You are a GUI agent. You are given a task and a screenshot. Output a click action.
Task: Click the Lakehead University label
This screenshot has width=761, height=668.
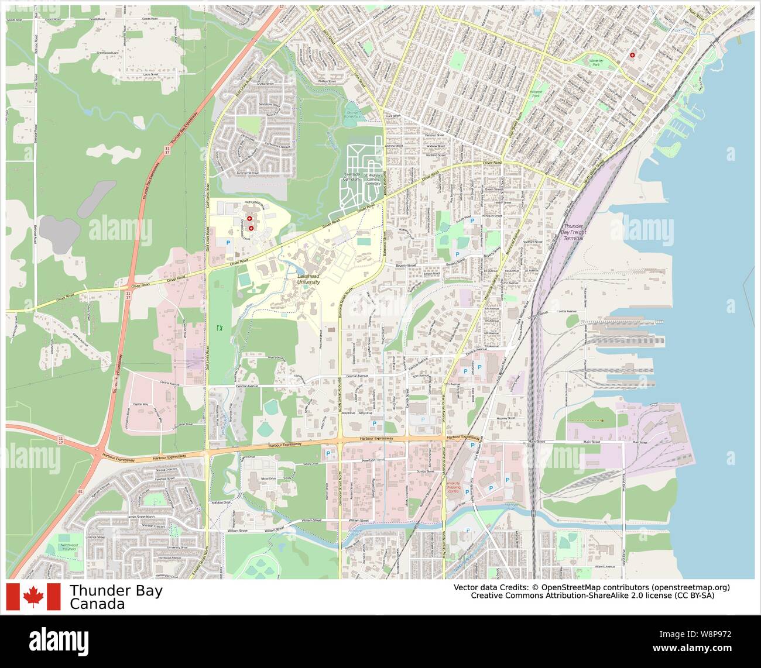(x=308, y=278)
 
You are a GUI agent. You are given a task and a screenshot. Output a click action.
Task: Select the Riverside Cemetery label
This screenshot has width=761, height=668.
(x=351, y=178)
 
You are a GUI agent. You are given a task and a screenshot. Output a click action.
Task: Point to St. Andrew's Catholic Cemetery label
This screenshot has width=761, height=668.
(x=373, y=178)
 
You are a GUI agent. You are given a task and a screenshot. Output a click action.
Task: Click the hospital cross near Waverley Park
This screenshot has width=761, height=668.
(x=632, y=55)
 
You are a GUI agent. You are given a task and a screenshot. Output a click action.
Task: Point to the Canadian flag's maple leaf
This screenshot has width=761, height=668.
(x=33, y=596)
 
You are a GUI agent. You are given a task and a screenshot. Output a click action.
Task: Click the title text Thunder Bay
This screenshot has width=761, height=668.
(x=116, y=591)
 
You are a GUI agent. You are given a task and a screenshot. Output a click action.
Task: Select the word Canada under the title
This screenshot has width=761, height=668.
(x=97, y=604)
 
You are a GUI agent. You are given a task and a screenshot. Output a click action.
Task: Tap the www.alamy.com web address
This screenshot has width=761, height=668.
(x=711, y=648)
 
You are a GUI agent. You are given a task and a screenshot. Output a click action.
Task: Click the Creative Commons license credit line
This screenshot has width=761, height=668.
(x=592, y=596)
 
